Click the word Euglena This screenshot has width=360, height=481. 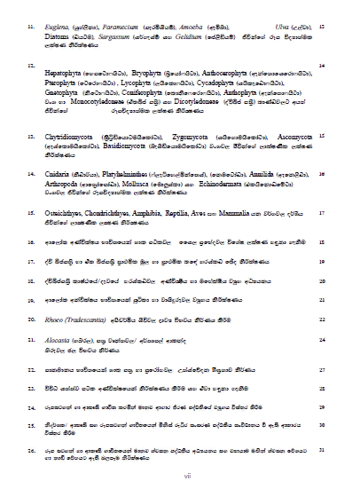[63, 28]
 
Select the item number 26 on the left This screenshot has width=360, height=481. [32, 450]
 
